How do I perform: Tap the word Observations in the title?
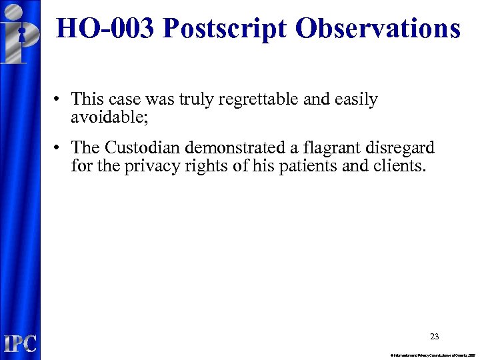pos(377,29)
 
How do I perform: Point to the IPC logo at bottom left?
pos(20,343)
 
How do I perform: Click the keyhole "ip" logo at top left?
pos(20,33)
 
